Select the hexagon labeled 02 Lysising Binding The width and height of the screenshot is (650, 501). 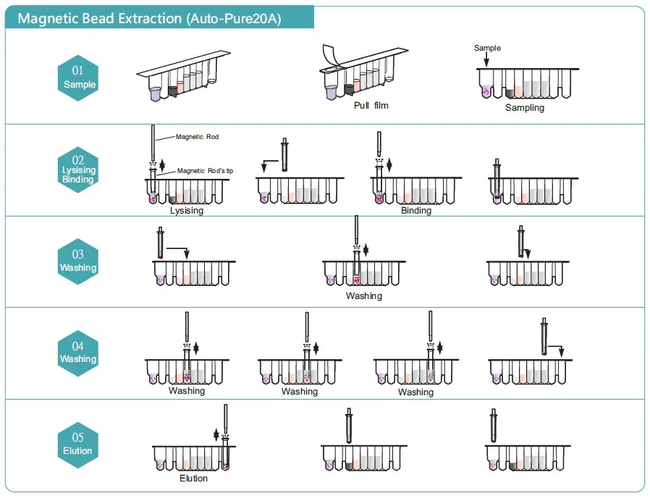click(78, 170)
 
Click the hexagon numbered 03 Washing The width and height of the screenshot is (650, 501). click(78, 261)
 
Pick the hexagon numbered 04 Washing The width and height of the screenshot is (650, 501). click(78, 353)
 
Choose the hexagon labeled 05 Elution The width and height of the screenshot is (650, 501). click(78, 445)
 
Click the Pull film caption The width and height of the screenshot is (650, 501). click(371, 106)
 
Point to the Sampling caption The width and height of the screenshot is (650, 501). click(524, 108)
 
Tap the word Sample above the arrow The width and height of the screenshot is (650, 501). click(487, 49)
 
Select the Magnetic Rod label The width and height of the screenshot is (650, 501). click(197, 137)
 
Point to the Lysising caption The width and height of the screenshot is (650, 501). click(187, 211)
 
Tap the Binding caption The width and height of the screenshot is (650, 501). click(415, 211)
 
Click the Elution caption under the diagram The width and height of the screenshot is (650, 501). click(193, 479)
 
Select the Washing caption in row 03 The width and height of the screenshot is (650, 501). click(363, 296)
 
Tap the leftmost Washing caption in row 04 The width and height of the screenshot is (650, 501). click(187, 391)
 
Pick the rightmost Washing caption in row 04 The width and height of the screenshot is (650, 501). click(415, 392)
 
